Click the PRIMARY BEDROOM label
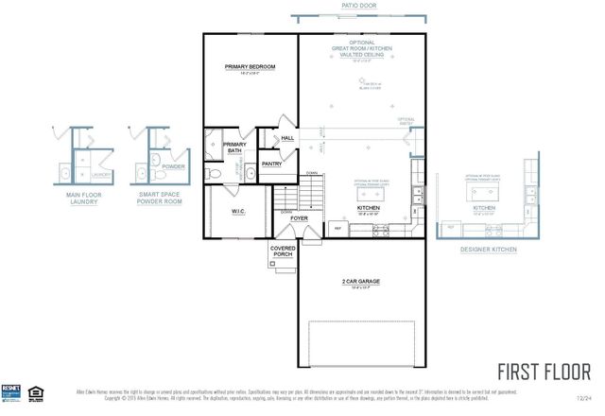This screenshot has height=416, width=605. pyautogui.click(x=250, y=66)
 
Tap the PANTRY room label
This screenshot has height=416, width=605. pyautogui.click(x=273, y=164)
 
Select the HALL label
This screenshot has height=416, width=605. pyautogui.click(x=287, y=138)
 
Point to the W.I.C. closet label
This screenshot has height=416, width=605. pyautogui.click(x=238, y=211)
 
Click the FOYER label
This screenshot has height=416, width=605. pyautogui.click(x=300, y=217)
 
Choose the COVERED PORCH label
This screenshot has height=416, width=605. pyautogui.click(x=283, y=251)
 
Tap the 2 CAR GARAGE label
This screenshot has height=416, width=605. pyautogui.click(x=362, y=283)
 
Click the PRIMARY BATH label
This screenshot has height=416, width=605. pyautogui.click(x=234, y=147)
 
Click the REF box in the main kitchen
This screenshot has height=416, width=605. pyautogui.click(x=337, y=228)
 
